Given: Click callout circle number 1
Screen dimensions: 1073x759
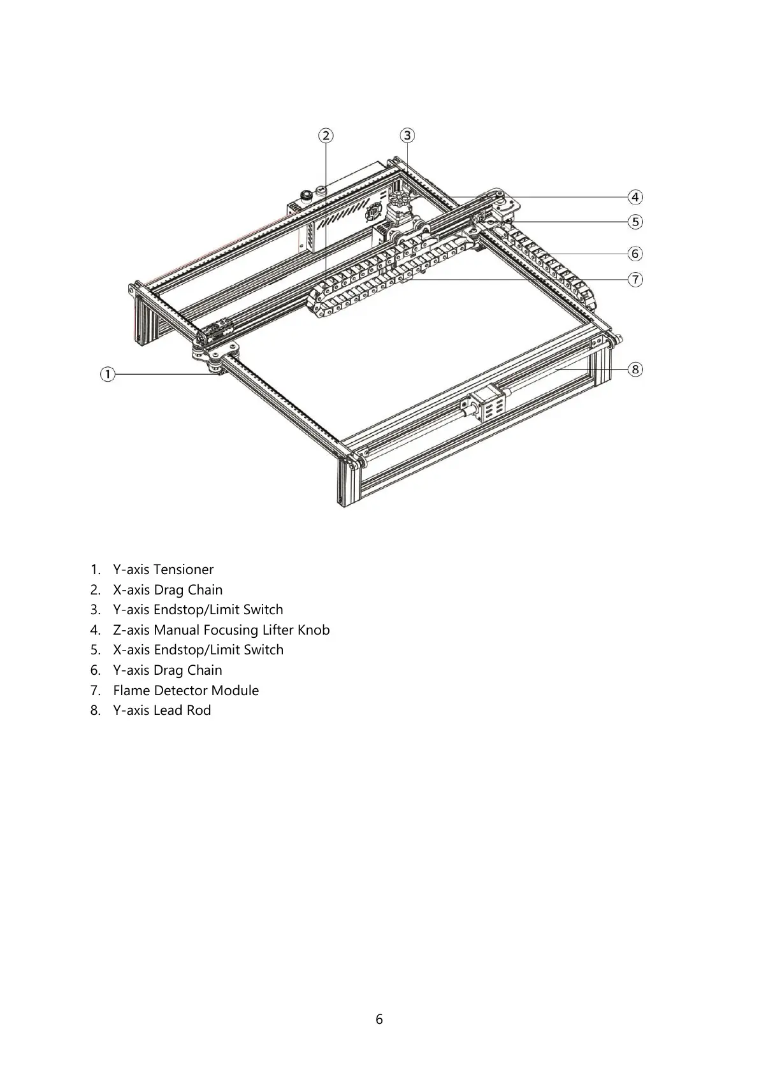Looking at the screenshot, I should tap(108, 374).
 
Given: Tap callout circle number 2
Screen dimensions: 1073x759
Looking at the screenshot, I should tap(326, 135).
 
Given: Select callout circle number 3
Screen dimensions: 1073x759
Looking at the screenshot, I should tap(407, 135).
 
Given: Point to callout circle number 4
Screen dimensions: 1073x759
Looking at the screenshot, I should tap(635, 197).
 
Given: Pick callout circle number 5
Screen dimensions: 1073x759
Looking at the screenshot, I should tap(635, 222).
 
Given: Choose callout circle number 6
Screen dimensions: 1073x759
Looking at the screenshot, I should tap(635, 254).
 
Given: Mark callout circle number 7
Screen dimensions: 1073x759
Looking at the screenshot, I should tap(635, 279).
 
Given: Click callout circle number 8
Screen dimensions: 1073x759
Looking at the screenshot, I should tap(635, 370).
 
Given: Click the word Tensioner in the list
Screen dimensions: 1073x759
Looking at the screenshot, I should tap(184, 570).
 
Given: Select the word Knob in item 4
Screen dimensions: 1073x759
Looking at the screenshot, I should tap(314, 630).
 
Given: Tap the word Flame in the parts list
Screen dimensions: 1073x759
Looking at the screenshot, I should tap(131, 691).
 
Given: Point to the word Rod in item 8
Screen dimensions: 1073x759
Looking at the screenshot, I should tap(199, 710).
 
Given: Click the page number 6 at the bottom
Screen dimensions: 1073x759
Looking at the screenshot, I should tap(379, 1019).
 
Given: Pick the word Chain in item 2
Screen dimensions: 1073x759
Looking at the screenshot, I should tap(205, 590).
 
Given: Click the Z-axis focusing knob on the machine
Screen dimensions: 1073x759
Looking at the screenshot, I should tap(398, 199).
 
